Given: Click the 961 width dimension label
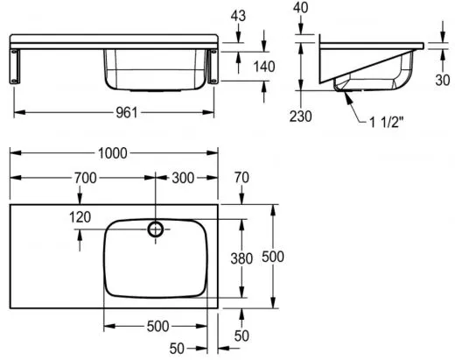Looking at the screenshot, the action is pos(127,112).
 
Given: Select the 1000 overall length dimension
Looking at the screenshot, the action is pos(113,153).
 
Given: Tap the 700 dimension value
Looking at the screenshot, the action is pos(85,178).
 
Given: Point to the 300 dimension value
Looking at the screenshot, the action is pos(183,178).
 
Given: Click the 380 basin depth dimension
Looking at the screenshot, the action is pos(241,258).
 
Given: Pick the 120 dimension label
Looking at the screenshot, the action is pos(80,217).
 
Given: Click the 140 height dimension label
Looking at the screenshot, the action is pos(264,67).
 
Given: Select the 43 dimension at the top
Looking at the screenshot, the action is pos(238,16).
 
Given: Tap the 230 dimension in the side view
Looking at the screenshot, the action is pos(301,116).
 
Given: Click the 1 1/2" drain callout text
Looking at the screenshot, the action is pos(387,123).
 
